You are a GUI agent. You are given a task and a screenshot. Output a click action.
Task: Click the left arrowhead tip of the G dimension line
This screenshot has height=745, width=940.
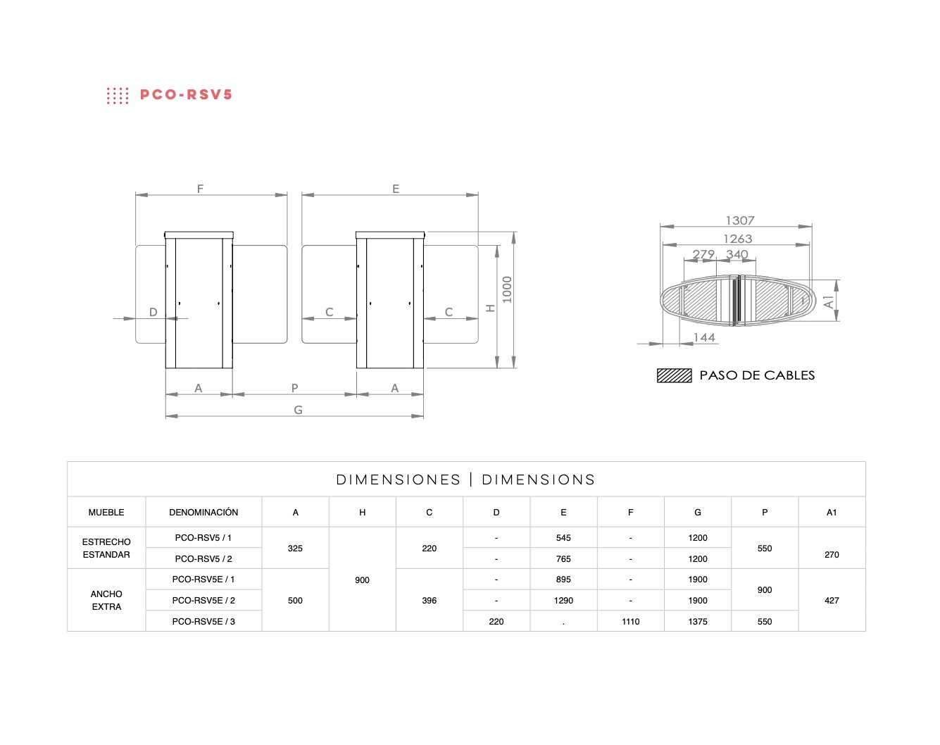166,416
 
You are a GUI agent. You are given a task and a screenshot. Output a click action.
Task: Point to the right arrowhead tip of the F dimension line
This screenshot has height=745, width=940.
287,195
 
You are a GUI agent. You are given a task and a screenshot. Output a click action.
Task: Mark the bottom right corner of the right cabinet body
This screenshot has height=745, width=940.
423,368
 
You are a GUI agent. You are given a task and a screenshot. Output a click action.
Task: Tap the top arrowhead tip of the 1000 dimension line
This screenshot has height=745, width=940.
514,232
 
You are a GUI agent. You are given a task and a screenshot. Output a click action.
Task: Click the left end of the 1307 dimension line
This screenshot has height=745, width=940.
660,227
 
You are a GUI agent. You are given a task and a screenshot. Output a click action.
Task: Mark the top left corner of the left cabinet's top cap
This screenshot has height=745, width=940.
165,232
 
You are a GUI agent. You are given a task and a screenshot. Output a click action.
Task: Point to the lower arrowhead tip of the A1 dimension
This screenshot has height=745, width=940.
836,321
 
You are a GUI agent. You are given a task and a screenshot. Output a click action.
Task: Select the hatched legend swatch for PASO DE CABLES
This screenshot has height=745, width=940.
674,376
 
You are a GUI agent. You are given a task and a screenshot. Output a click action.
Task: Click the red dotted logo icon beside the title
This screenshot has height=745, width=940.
118,96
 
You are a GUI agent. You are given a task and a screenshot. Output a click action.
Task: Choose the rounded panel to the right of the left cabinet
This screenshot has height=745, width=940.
260,294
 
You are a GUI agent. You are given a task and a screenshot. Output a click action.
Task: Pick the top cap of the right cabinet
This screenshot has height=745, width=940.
390,235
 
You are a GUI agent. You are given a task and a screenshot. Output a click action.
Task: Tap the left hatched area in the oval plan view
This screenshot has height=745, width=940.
700,301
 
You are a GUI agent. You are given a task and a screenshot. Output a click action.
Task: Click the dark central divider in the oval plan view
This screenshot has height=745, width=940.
737,301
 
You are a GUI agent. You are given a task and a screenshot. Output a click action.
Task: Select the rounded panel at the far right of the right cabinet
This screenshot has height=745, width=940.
451,294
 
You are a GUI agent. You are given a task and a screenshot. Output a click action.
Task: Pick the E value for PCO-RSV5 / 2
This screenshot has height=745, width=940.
563,559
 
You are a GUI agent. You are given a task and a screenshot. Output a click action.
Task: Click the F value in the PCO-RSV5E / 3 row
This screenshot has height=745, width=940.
630,622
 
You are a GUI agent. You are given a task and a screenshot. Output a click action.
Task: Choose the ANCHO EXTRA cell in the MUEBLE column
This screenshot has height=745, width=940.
106,601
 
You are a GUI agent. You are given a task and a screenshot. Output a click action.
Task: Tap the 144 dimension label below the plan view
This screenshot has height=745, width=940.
704,337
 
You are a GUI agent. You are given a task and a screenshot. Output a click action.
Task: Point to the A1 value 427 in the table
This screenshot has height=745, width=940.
832,601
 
